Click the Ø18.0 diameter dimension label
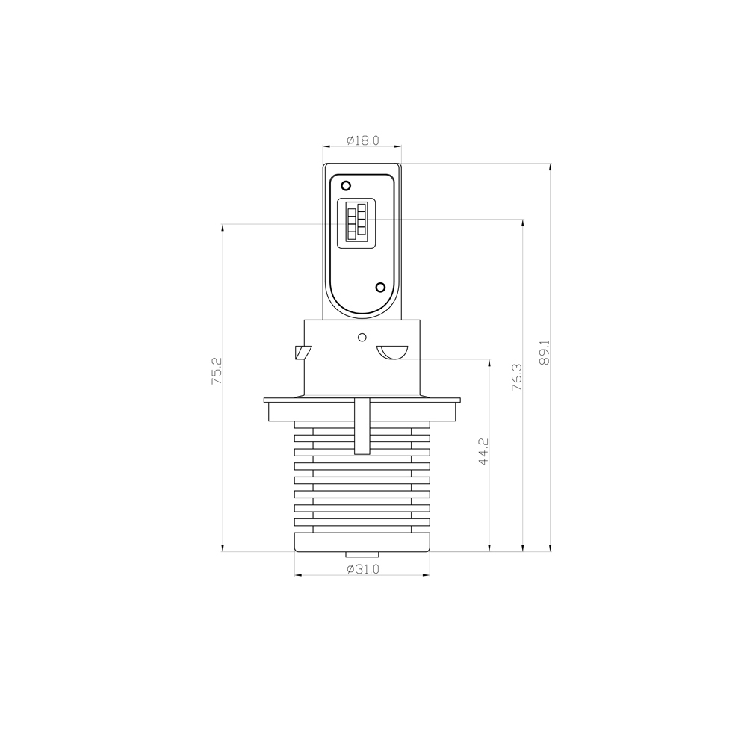363,140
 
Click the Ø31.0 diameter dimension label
363,569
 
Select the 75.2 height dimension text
217,371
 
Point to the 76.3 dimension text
516,378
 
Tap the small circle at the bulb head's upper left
345,185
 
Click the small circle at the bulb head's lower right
380,287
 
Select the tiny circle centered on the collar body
362,336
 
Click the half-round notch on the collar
391,352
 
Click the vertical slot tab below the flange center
362,427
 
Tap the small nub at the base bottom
362,554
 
